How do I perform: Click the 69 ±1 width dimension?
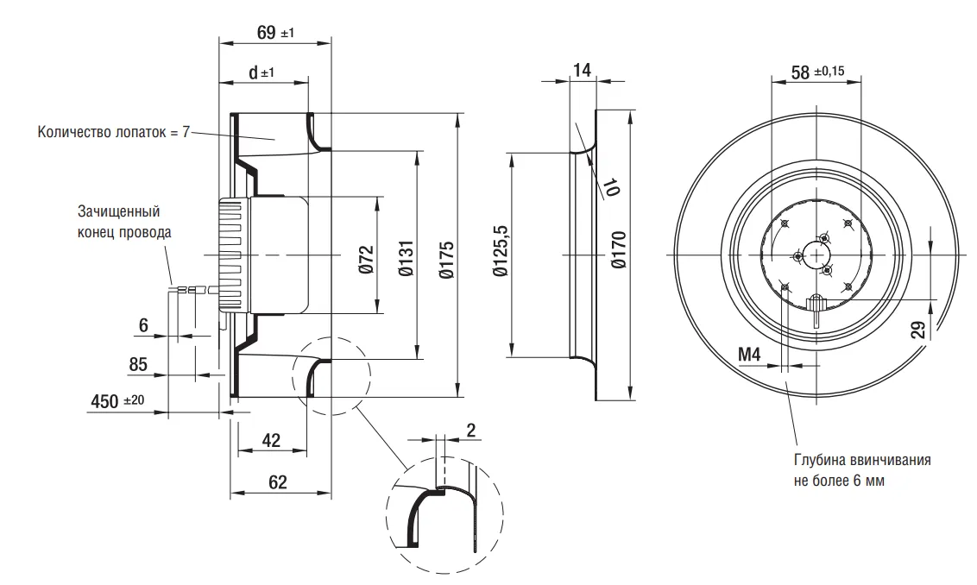(274, 32)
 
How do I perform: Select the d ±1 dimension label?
(261, 72)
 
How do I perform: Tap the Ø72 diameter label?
(366, 260)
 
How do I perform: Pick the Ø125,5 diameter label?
(501, 250)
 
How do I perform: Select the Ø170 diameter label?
(619, 250)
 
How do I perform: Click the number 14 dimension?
(582, 70)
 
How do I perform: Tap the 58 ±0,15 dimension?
(817, 72)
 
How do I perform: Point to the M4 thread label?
(749, 355)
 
